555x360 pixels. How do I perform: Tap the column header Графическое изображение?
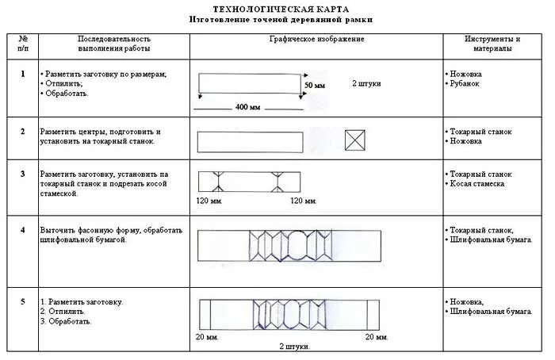317,39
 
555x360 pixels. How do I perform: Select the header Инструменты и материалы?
493,44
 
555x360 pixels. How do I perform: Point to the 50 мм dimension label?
315,85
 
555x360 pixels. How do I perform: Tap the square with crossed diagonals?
354,141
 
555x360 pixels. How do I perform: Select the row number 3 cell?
23,173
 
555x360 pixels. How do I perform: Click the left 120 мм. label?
209,201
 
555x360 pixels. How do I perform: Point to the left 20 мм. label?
205,336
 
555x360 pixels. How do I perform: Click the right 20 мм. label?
377,336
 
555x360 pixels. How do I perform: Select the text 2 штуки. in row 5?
294,347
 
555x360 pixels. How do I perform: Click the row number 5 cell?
23,301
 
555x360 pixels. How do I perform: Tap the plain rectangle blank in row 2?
249,142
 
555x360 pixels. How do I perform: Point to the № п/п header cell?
23,44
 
